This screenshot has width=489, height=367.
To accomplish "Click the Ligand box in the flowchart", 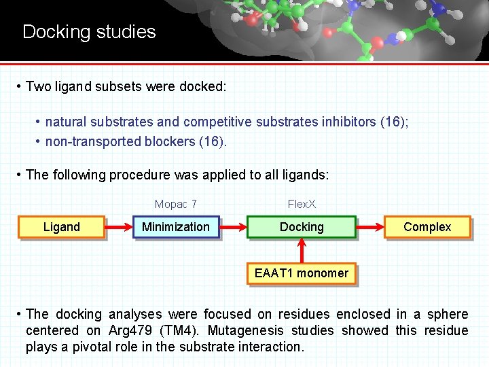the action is point(62,227).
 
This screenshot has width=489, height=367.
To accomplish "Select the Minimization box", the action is point(176,227).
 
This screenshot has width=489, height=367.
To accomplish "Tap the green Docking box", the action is point(302,227).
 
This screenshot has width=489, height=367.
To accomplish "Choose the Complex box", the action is point(427,227).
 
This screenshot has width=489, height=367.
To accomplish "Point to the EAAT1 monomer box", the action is point(302,274).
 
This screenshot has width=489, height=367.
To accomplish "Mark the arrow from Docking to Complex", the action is point(370,227).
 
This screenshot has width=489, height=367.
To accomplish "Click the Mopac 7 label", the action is point(176,204).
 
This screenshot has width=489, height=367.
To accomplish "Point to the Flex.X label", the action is point(302,204).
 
